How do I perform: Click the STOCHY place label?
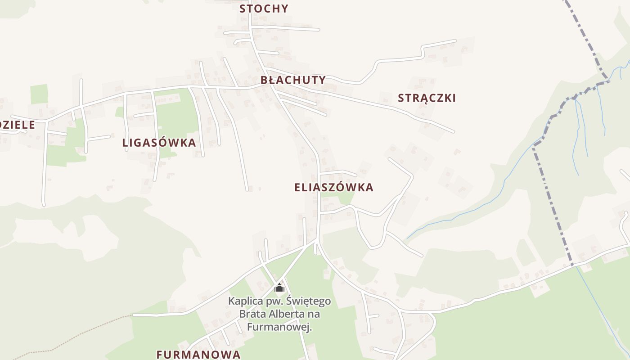coord(264,9)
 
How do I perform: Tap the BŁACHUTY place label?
coord(293,80)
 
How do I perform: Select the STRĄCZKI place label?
coord(427,98)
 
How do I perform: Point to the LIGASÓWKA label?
coord(159,143)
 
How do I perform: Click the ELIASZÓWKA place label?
coord(334,188)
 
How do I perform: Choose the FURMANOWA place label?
coord(198,354)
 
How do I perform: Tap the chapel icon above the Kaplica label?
coord(279,288)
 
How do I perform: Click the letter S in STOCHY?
coord(243,9)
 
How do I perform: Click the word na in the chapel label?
coord(315,314)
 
